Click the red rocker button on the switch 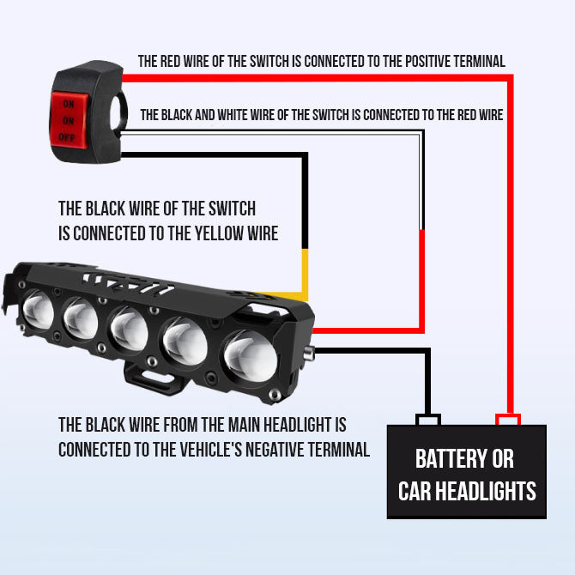click(x=69, y=120)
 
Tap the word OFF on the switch click(x=66, y=138)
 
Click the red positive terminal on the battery click(x=508, y=420)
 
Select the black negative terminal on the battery click(x=428, y=420)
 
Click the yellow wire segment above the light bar click(x=305, y=271)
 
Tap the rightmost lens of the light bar click(x=251, y=355)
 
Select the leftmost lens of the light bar click(x=38, y=309)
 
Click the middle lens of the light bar click(x=129, y=329)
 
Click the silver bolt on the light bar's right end click(x=309, y=354)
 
